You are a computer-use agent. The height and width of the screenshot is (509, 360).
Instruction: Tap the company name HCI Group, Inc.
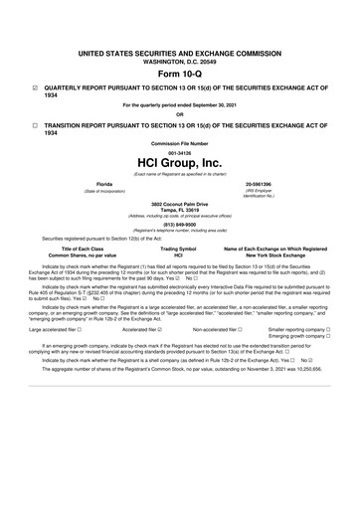179,161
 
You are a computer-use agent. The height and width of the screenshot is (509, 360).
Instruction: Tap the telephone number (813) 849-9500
179,224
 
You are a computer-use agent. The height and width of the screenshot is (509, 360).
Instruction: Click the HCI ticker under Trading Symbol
179,254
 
